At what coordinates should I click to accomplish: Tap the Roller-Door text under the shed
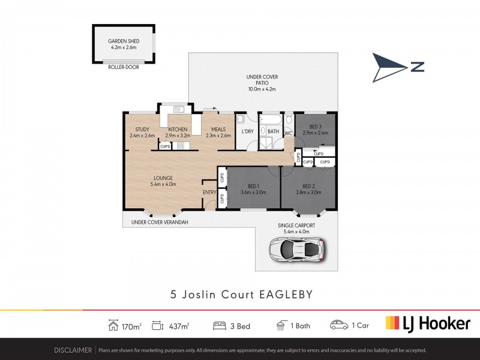click(123, 67)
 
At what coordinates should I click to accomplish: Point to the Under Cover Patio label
click(262, 83)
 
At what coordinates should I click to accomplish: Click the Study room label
click(142, 132)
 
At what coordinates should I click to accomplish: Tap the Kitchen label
click(178, 132)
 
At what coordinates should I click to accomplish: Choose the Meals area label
click(218, 132)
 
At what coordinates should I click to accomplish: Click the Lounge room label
click(163, 181)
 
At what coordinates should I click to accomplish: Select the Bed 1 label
click(253, 189)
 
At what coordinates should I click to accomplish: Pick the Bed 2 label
click(308, 189)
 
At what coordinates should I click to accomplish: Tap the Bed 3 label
click(314, 129)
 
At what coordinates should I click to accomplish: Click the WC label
click(288, 133)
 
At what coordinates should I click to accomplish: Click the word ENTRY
click(209, 192)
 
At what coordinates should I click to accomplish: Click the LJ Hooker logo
click(427, 324)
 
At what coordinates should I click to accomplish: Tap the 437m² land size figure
click(179, 326)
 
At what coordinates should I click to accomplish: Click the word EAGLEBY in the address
click(286, 294)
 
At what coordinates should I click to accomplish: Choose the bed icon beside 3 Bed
click(220, 326)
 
